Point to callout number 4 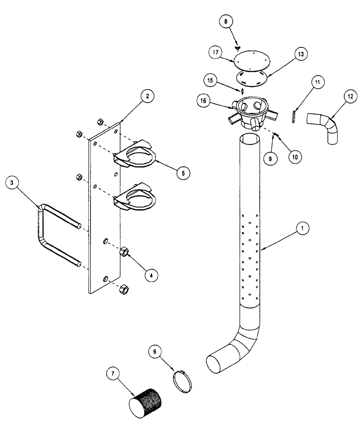151,275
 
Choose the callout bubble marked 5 184,173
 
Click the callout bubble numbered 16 203,101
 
